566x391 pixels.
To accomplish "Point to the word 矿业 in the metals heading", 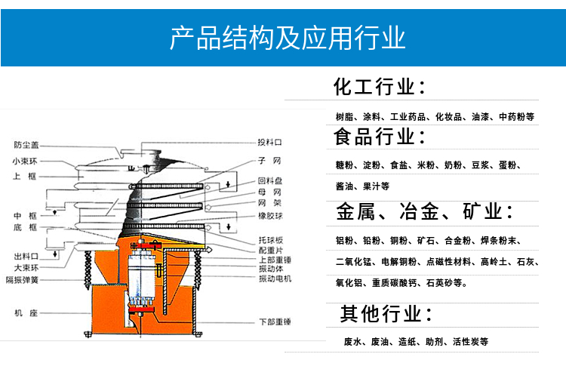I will click(x=488, y=211).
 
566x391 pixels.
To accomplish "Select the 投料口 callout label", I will click(x=269, y=142).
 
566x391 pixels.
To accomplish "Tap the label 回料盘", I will click(x=269, y=181).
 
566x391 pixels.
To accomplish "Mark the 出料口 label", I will click(x=26, y=257).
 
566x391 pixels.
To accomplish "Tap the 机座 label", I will click(x=26, y=312).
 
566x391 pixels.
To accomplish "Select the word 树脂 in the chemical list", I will click(x=344, y=118).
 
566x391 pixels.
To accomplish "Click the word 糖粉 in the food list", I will click(x=344, y=165).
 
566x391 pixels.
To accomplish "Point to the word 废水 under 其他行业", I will click(x=352, y=342).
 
